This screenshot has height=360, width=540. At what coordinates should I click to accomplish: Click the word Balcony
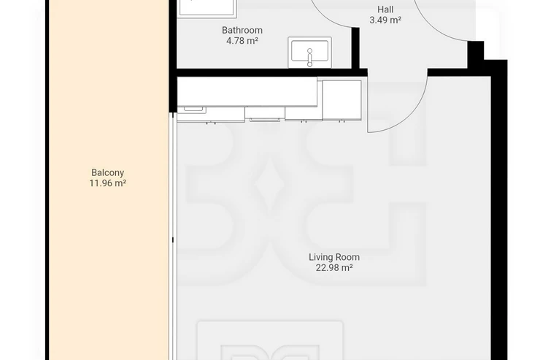pos(107,172)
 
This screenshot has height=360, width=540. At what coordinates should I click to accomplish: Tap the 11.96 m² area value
pos(107,183)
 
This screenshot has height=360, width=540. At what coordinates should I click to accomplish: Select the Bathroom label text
pos(242,31)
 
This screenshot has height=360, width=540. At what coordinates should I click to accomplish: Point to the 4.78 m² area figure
pos(242,41)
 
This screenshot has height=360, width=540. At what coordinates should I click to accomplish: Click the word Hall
pos(385,9)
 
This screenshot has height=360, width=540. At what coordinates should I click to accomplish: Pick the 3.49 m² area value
pos(385,20)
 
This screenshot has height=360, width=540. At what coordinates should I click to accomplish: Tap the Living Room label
pos(334,257)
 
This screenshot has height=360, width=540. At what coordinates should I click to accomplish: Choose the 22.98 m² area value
pos(334,268)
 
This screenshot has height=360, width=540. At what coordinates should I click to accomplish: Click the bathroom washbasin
pos(309,53)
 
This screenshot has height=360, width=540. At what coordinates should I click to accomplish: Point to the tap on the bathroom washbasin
pos(309,58)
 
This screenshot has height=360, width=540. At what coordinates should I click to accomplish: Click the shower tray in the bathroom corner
pos(208,8)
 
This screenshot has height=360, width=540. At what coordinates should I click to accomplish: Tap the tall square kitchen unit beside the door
pos(342,100)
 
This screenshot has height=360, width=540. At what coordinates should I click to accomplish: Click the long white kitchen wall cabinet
pos(247,91)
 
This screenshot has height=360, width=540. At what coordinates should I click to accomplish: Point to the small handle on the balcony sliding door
pos(172,240)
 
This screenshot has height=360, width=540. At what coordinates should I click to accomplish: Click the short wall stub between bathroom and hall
pos(355,48)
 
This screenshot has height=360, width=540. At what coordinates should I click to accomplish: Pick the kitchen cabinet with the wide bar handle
pos(265,114)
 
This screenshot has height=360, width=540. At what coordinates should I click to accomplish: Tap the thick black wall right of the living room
pos(499,210)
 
